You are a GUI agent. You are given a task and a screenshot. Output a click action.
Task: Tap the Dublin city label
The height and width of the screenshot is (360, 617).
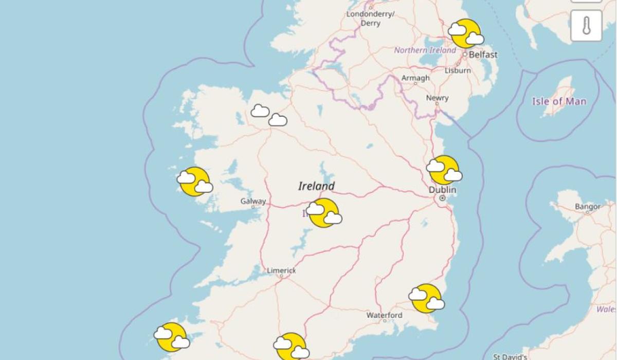coord(442,190)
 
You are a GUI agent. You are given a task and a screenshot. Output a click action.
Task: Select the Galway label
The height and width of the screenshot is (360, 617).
coord(253,201)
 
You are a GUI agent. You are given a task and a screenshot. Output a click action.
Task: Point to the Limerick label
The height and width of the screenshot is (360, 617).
coord(281,271)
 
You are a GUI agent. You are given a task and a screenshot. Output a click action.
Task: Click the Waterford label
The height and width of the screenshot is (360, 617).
coord(384,315)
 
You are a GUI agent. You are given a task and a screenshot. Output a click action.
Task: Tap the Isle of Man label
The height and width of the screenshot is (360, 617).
coord(558,101)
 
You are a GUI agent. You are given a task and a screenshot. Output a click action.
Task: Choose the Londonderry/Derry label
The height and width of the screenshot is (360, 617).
coord(370,19)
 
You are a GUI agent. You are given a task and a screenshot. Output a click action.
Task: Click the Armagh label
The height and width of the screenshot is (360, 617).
coord(415,78)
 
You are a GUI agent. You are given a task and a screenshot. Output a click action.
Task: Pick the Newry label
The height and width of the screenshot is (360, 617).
coord(437,98)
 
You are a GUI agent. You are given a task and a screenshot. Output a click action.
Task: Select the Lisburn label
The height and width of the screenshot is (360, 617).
coord(458,70)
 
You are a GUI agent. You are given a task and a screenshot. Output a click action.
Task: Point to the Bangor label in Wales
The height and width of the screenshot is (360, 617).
coord(588,207)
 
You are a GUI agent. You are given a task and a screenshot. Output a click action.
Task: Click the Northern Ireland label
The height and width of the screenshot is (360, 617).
coord(425,50)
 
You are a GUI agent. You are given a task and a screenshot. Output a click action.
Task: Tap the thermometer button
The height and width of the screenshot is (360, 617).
coord(586,26)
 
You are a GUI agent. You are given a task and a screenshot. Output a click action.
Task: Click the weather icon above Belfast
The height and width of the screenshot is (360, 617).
coord(466,33)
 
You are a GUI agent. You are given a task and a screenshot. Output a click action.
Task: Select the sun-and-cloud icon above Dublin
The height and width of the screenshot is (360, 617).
coord(444,170)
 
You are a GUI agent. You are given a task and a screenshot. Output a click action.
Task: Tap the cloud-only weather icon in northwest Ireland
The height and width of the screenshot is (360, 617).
coord(269,115)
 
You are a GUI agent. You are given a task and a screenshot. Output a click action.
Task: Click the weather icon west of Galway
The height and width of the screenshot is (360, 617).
coord(195,182)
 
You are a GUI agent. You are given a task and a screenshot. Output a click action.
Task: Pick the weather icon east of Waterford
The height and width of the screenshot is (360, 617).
coord(426,298)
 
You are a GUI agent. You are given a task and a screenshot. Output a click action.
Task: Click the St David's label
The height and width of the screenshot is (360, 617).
coord(510,356)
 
